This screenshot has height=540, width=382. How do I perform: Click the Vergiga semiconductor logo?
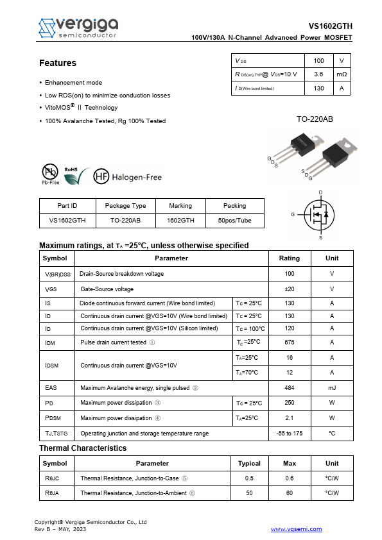pyautogui.click(x=77, y=27)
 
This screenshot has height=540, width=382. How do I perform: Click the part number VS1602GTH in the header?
pyautogui.click(x=330, y=27)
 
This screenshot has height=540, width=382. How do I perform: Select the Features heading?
pyautogui.click(x=58, y=63)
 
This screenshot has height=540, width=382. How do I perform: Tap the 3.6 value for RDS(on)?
pyautogui.click(x=318, y=74)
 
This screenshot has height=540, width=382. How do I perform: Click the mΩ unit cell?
pyautogui.click(x=342, y=74)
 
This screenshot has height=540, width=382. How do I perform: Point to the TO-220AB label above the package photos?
pyautogui.click(x=315, y=119)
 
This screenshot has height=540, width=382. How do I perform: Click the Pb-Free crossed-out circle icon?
pyautogui.click(x=50, y=172)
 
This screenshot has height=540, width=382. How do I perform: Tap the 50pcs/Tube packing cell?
pyautogui.click(x=234, y=220)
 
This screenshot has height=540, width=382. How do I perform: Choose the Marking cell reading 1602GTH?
pyautogui.click(x=180, y=220)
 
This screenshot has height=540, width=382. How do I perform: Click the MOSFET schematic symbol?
pyautogui.click(x=319, y=215)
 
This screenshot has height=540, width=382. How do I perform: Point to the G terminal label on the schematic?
pyautogui.click(x=293, y=214)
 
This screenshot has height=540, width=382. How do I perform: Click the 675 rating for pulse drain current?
pyautogui.click(x=289, y=342)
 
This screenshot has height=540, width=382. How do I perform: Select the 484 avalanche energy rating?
pyautogui.click(x=289, y=387)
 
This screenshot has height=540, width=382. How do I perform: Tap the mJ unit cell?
pyautogui.click(x=332, y=387)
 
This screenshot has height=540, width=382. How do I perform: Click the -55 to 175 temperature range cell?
pyautogui.click(x=289, y=434)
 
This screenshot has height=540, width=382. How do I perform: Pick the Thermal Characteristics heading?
pyautogui.click(x=83, y=448)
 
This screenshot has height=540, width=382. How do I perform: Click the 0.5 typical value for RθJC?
pyautogui.click(x=249, y=478)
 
